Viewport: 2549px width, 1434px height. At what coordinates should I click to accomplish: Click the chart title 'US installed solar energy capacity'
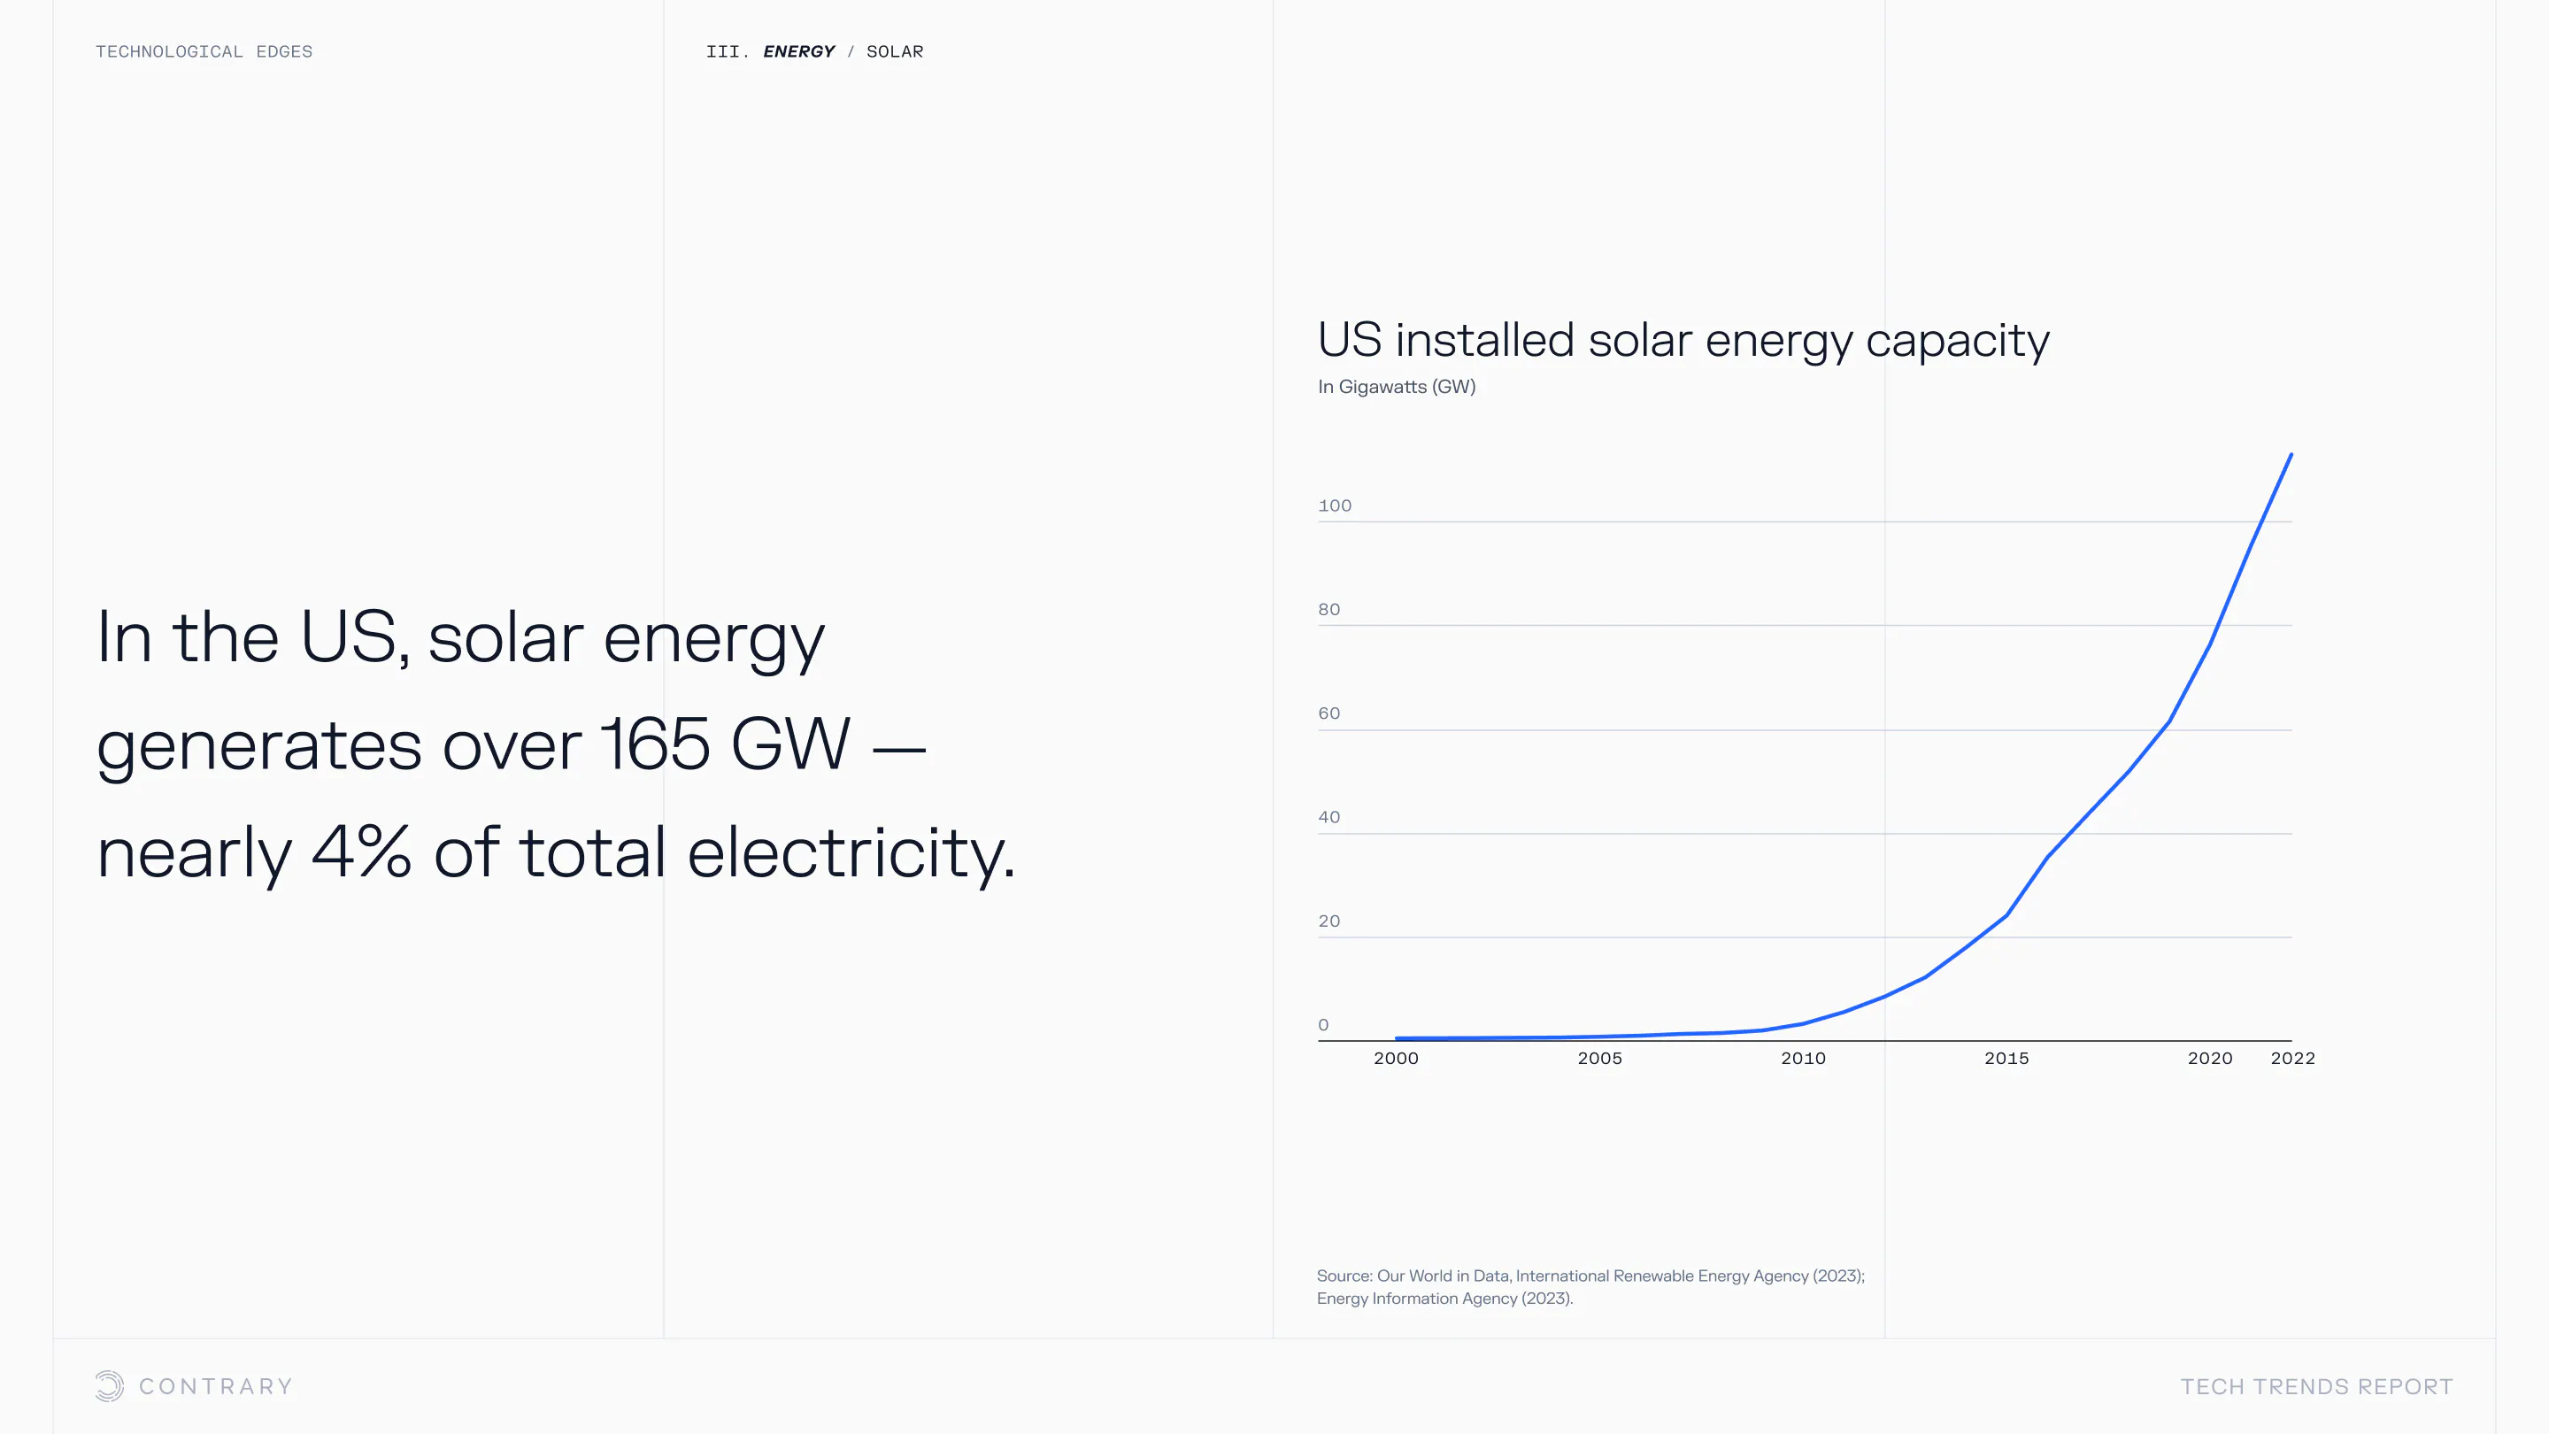coord(1683,341)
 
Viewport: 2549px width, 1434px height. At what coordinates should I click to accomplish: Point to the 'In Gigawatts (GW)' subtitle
coord(1397,387)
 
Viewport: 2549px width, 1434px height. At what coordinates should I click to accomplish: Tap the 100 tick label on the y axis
coord(1334,505)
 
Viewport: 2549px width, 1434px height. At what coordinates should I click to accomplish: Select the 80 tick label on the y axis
coord(1328,610)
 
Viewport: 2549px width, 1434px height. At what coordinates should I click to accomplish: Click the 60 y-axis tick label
coord(1328,713)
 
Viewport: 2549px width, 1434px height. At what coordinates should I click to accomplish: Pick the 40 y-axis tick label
coord(1328,817)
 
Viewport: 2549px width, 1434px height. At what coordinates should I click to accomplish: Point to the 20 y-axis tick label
coord(1328,921)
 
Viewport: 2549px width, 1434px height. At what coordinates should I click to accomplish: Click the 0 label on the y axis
coord(1323,1025)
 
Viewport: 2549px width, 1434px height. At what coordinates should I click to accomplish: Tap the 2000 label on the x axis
coord(1395,1058)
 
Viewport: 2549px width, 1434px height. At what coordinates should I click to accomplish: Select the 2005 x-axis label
coord(1599,1058)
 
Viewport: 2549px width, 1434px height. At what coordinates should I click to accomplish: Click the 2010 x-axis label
coord(1803,1058)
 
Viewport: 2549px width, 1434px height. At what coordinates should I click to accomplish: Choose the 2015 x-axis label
coord(2006,1058)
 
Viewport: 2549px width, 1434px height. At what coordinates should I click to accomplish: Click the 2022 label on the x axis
coord(2291,1058)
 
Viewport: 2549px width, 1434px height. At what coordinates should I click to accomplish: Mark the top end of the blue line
coord(2291,455)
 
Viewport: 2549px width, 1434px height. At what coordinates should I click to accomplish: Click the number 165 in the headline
coord(654,744)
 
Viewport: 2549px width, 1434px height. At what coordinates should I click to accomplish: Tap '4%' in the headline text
coord(360,852)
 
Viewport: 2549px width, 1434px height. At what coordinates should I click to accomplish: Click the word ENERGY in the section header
coord(798,51)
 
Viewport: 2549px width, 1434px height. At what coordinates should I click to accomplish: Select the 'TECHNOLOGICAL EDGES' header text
coord(204,51)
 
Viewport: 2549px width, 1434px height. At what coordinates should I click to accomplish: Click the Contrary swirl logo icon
coord(110,1385)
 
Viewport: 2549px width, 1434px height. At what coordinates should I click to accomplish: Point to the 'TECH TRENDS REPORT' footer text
coord(2316,1386)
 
